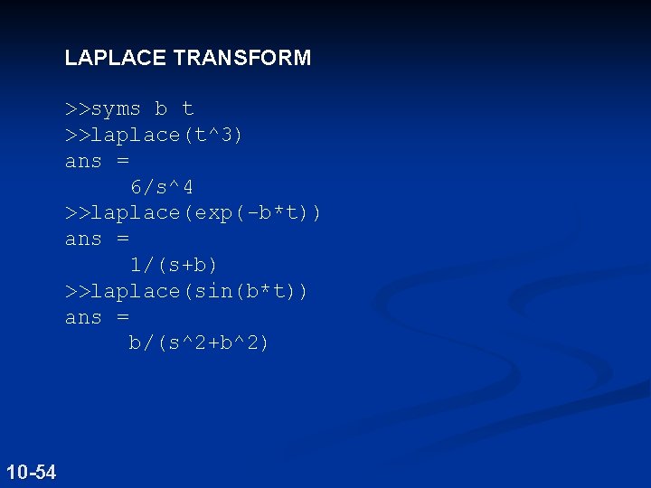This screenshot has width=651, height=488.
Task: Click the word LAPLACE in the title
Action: coord(116,59)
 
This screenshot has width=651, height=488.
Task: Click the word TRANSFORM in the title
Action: coord(242,59)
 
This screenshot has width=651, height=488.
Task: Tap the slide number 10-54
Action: coord(31,472)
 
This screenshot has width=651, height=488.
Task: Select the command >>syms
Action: coord(103,109)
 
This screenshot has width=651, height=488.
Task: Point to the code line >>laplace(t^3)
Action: coord(154,136)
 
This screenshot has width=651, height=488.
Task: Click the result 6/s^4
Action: coord(162,187)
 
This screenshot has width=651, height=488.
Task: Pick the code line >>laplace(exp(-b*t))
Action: coord(193,213)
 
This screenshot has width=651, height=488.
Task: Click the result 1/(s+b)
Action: coord(175,266)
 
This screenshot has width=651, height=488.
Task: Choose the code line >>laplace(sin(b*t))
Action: coord(186,291)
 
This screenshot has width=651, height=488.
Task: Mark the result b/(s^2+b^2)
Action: coord(199,343)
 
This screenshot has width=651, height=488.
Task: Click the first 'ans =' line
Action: coord(97,162)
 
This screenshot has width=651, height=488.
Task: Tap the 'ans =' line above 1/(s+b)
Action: coord(97,239)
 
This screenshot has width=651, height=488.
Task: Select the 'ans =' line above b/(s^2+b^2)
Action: coord(97,318)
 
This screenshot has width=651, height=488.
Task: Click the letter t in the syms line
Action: coord(187,109)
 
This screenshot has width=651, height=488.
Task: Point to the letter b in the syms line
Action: coord(161,109)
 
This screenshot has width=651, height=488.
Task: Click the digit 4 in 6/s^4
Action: coord(187,187)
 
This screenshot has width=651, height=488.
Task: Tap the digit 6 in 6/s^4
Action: coord(136,187)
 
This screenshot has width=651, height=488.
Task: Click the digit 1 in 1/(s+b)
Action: coord(136,266)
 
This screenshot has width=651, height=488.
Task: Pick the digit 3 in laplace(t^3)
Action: coord(226,136)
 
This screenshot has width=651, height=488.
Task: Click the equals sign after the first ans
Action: coord(123,162)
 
